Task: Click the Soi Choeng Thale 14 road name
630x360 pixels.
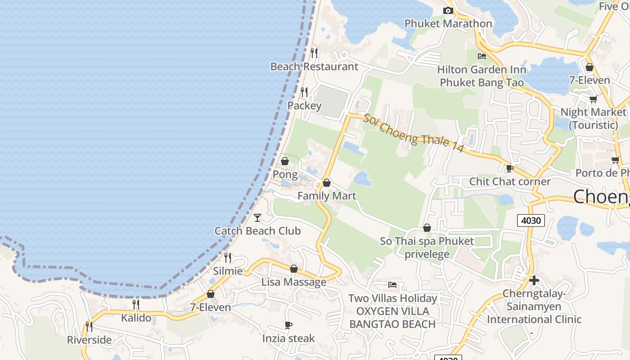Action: tap(413, 133)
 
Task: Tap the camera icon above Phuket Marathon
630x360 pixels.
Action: tap(448, 10)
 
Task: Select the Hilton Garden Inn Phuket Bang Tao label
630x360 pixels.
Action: tap(481, 76)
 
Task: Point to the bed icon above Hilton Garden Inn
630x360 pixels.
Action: tap(482, 56)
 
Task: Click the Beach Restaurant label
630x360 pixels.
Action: tap(314, 67)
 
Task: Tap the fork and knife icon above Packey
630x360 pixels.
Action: tap(304, 92)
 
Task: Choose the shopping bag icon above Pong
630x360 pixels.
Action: tap(285, 161)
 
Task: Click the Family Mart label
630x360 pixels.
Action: tap(327, 196)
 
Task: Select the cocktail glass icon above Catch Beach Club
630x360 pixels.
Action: tap(257, 218)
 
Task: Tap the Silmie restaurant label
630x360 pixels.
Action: tap(228, 271)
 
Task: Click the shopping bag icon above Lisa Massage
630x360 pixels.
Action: tap(294, 269)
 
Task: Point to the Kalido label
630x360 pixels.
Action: tap(136, 318)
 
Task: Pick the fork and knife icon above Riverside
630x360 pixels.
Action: tap(89, 326)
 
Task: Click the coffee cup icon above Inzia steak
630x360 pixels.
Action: tap(288, 325)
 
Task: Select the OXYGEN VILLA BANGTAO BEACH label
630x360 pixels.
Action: tap(392, 317)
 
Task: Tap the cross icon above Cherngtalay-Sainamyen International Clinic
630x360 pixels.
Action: tap(534, 280)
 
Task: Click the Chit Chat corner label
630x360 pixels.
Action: tap(510, 181)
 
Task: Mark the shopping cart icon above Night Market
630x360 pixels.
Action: tap(593, 99)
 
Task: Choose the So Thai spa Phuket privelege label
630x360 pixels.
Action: tap(427, 247)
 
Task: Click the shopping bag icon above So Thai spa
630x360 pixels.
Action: tap(427, 228)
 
